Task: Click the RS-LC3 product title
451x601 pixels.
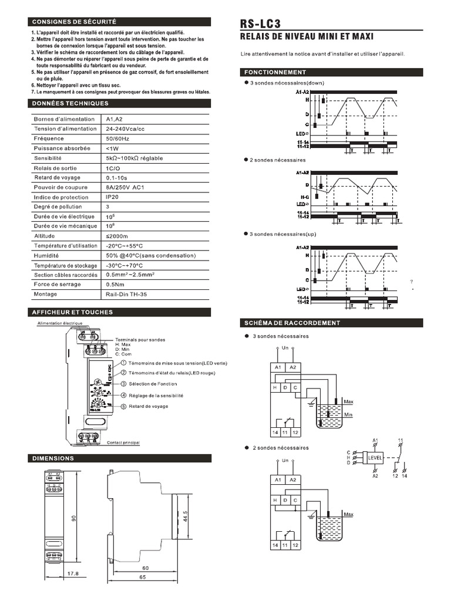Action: pos(260,24)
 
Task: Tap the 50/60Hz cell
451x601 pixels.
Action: pos(118,139)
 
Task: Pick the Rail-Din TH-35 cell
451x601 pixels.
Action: pos(125,294)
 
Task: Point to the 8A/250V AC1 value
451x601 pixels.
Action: pos(125,187)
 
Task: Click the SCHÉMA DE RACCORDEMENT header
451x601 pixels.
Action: pos(292,323)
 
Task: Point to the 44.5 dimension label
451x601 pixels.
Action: pos(186,508)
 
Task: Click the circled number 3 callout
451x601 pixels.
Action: pos(123,383)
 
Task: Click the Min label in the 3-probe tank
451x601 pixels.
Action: pos(348,414)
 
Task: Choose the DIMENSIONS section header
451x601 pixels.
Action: pos(53,458)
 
